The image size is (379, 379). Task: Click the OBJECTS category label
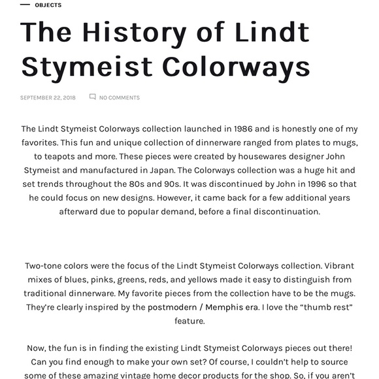pyautogui.click(x=48, y=5)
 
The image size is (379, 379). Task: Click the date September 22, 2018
pyautogui.click(x=48, y=98)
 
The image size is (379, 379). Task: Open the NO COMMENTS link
pyautogui.click(x=119, y=98)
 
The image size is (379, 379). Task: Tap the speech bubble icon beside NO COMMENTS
pyautogui.click(x=92, y=97)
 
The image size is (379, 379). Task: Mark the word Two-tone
pyautogui.click(x=45, y=266)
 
